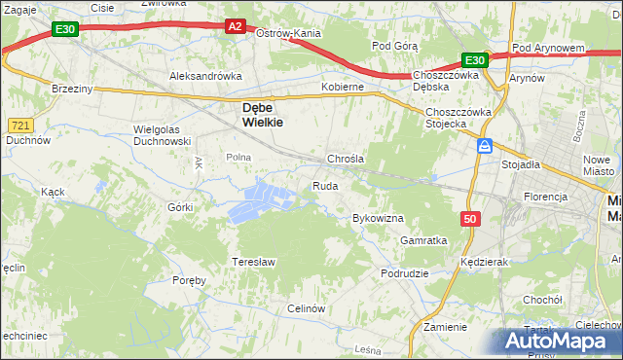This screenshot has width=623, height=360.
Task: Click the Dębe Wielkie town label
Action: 256,116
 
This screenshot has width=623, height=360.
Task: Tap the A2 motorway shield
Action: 235,27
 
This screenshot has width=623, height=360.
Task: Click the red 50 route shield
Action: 471,220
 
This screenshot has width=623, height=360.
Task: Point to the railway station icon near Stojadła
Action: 485,146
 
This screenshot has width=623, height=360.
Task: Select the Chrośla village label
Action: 346,159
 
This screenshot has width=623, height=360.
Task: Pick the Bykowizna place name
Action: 378,218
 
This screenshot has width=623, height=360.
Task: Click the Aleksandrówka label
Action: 205,75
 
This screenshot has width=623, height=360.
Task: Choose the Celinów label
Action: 305,307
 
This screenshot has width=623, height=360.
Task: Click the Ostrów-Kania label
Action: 288,33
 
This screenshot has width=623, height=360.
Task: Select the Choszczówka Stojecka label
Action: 458,118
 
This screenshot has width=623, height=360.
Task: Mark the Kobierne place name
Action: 343,87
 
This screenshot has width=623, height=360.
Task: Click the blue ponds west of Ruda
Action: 261,198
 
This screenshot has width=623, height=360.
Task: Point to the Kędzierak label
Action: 487,263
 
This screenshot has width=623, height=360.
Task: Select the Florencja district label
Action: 545,197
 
